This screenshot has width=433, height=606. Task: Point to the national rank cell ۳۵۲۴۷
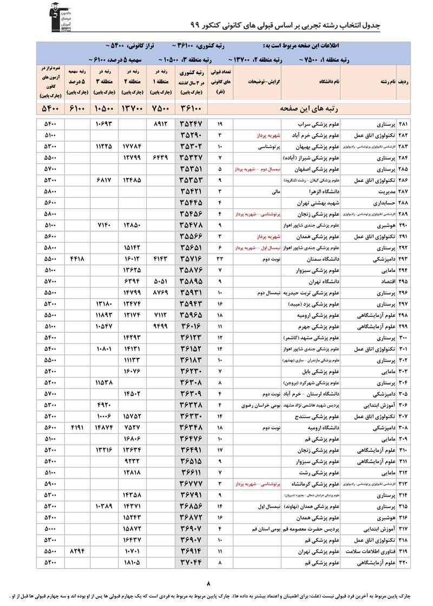[192, 124]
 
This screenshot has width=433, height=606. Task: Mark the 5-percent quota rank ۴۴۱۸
[77, 259]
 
